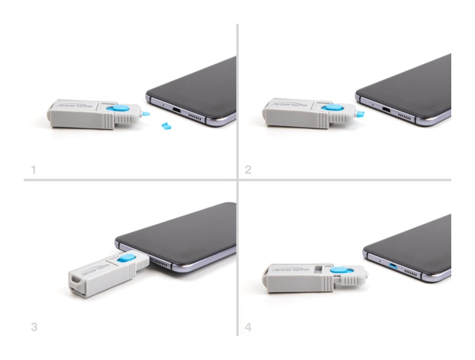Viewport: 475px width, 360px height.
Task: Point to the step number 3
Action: click(34, 327)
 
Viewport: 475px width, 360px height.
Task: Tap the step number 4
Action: click(248, 327)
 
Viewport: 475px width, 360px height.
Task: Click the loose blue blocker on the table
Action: click(165, 126)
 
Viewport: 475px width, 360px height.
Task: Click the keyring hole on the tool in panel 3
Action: click(73, 278)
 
